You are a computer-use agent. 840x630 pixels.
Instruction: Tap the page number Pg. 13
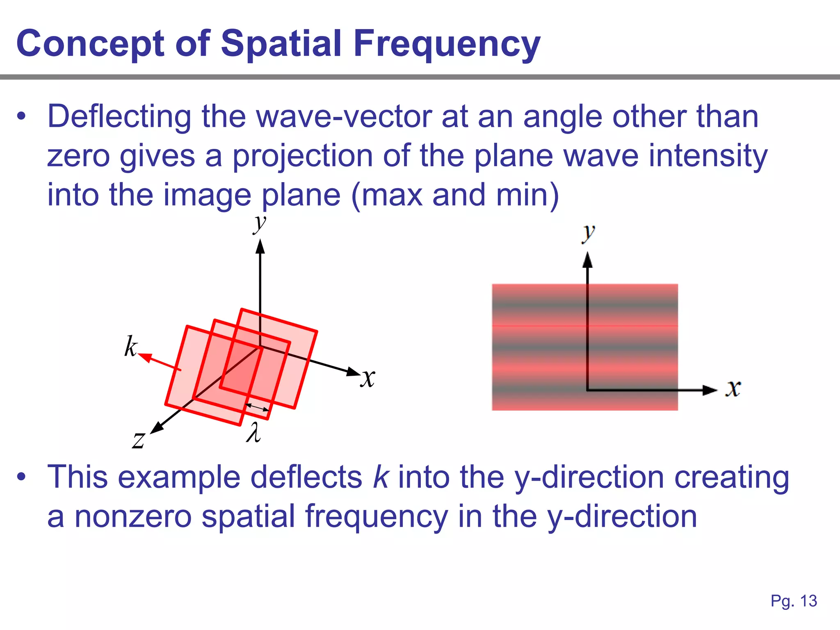point(794,601)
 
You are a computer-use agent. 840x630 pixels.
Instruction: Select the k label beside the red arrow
point(130,347)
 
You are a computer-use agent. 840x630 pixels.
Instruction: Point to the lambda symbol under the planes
point(253,433)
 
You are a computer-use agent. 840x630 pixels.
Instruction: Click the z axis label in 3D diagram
point(139,440)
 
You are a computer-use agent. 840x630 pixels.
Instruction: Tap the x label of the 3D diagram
point(368,378)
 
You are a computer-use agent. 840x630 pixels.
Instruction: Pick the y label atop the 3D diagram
point(259,224)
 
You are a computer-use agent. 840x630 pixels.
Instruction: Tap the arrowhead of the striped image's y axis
point(587,260)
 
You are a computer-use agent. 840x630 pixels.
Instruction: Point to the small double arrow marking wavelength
point(257,407)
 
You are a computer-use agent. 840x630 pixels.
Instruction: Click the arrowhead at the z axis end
point(156,428)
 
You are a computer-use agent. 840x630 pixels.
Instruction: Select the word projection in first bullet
point(302,156)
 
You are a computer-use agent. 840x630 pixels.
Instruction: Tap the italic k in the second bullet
point(380,477)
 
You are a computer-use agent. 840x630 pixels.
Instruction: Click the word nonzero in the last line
point(132,516)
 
